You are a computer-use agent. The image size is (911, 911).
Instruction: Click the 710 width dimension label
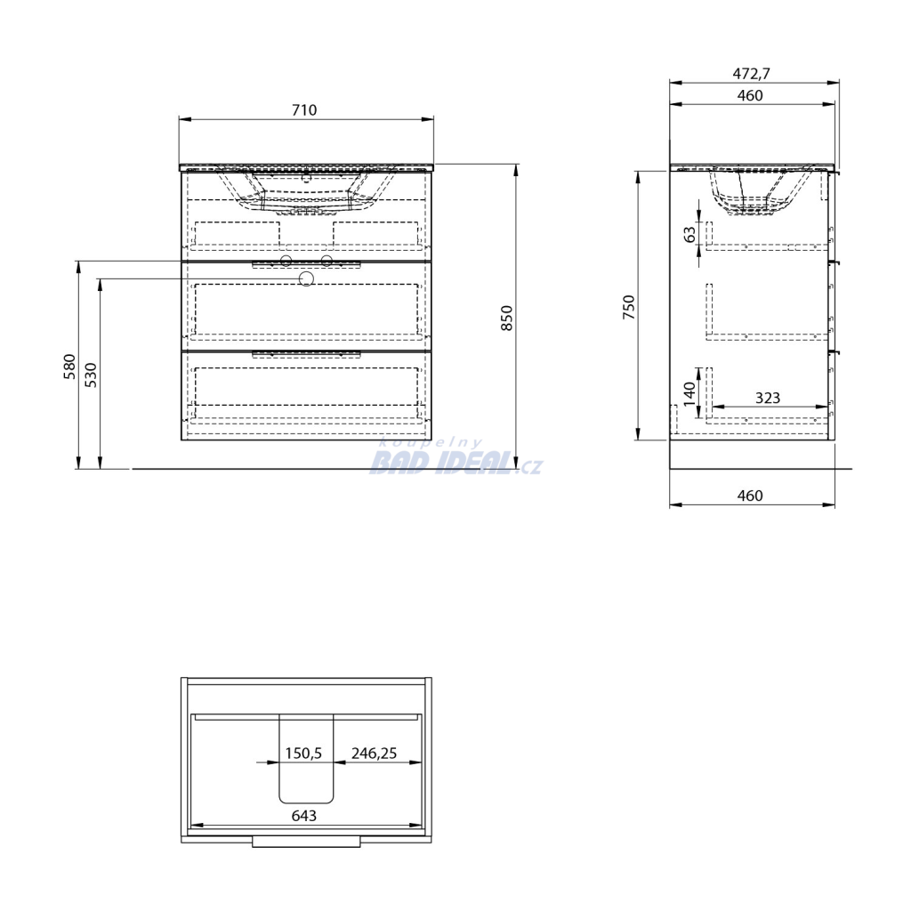point(304,109)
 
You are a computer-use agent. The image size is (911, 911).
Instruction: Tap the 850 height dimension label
point(506,318)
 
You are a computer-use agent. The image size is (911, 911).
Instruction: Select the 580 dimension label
point(69,367)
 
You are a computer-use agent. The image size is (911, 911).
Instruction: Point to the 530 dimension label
point(92,375)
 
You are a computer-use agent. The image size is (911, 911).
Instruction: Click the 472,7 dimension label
point(751,74)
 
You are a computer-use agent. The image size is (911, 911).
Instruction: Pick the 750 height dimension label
point(629,307)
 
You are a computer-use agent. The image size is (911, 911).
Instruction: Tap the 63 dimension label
point(689,234)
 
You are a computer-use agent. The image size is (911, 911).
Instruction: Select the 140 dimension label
point(689,393)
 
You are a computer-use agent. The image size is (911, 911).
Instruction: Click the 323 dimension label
point(768,398)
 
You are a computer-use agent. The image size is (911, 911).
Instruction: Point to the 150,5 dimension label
point(303,753)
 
